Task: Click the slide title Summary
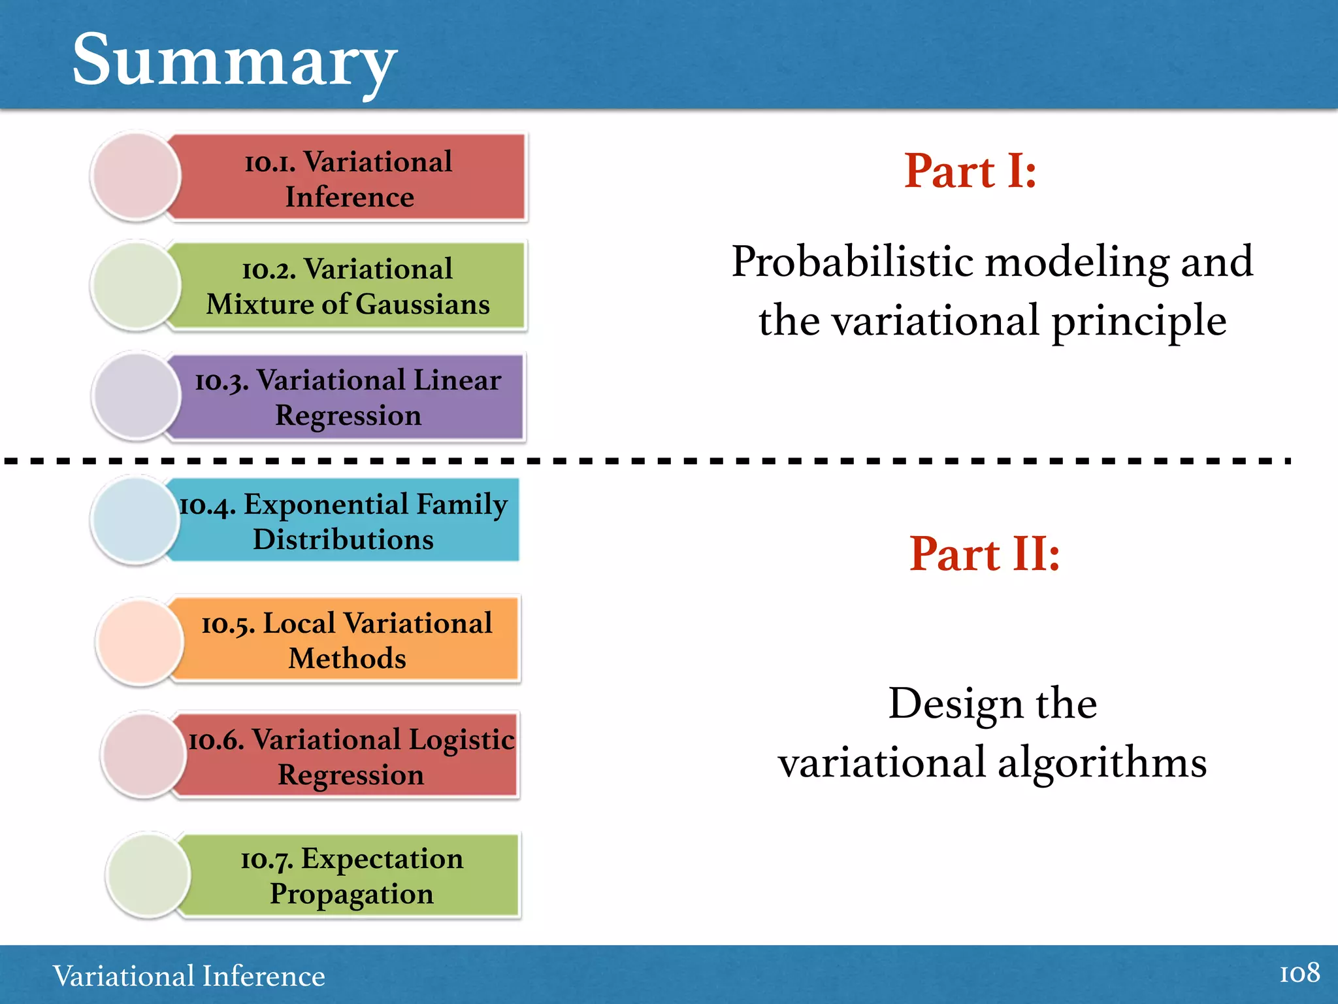234,60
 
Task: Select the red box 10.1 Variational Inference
348,178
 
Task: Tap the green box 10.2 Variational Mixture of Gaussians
348,286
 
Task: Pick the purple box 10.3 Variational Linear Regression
348,397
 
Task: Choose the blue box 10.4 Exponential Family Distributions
344,521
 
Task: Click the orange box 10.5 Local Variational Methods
347,640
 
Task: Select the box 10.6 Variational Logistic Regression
351,756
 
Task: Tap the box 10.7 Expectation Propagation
352,875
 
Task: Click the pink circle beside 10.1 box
136,176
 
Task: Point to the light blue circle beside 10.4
135,520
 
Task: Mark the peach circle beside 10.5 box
139,642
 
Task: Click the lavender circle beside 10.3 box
136,396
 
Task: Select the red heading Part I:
970,171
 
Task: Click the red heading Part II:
984,554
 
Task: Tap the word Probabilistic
852,261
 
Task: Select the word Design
955,704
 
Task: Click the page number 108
1299,973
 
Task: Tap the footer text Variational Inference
189,976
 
